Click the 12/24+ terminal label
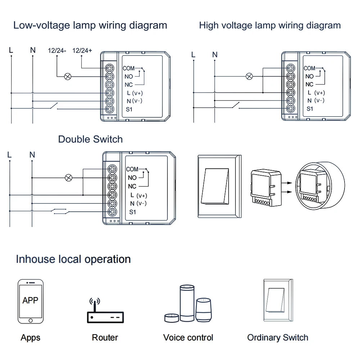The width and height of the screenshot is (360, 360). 82,50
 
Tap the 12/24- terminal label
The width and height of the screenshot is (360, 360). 57,50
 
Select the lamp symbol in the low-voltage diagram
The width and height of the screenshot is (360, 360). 68,76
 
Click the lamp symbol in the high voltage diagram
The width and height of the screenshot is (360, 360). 249,76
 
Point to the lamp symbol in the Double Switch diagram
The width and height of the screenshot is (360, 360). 69,178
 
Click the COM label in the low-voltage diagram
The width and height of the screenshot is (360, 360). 129,68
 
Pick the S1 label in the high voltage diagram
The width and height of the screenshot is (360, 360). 310,109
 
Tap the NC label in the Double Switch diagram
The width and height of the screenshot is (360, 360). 132,186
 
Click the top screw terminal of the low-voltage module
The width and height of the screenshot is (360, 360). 109,68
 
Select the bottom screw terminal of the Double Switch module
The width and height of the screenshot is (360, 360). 112,212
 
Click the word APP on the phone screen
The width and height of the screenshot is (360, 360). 30,300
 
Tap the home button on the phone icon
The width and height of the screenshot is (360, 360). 31,320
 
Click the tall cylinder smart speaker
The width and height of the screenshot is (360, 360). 187,303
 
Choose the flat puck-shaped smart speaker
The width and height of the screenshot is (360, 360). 172,318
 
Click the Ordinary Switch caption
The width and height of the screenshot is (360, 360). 278,338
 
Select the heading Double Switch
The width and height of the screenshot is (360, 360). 90,139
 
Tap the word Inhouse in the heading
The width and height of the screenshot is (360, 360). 36,259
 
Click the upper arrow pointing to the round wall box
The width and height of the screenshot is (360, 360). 287,183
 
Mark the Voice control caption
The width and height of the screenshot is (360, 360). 188,338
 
